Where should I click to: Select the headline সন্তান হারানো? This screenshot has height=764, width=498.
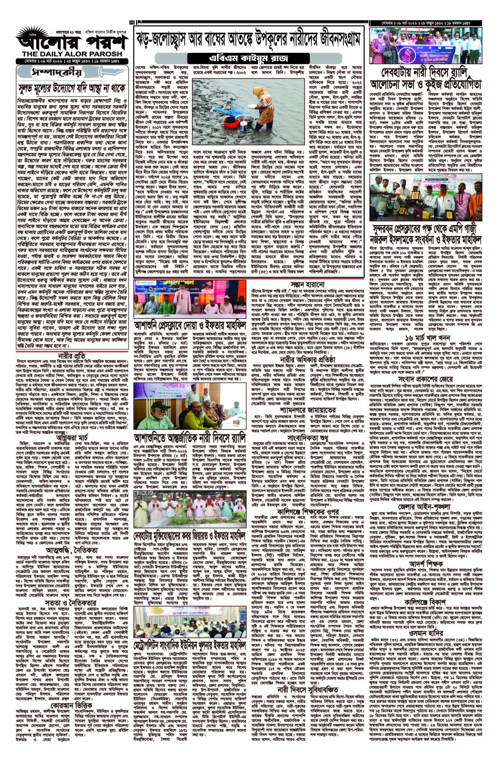click(x=308, y=284)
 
